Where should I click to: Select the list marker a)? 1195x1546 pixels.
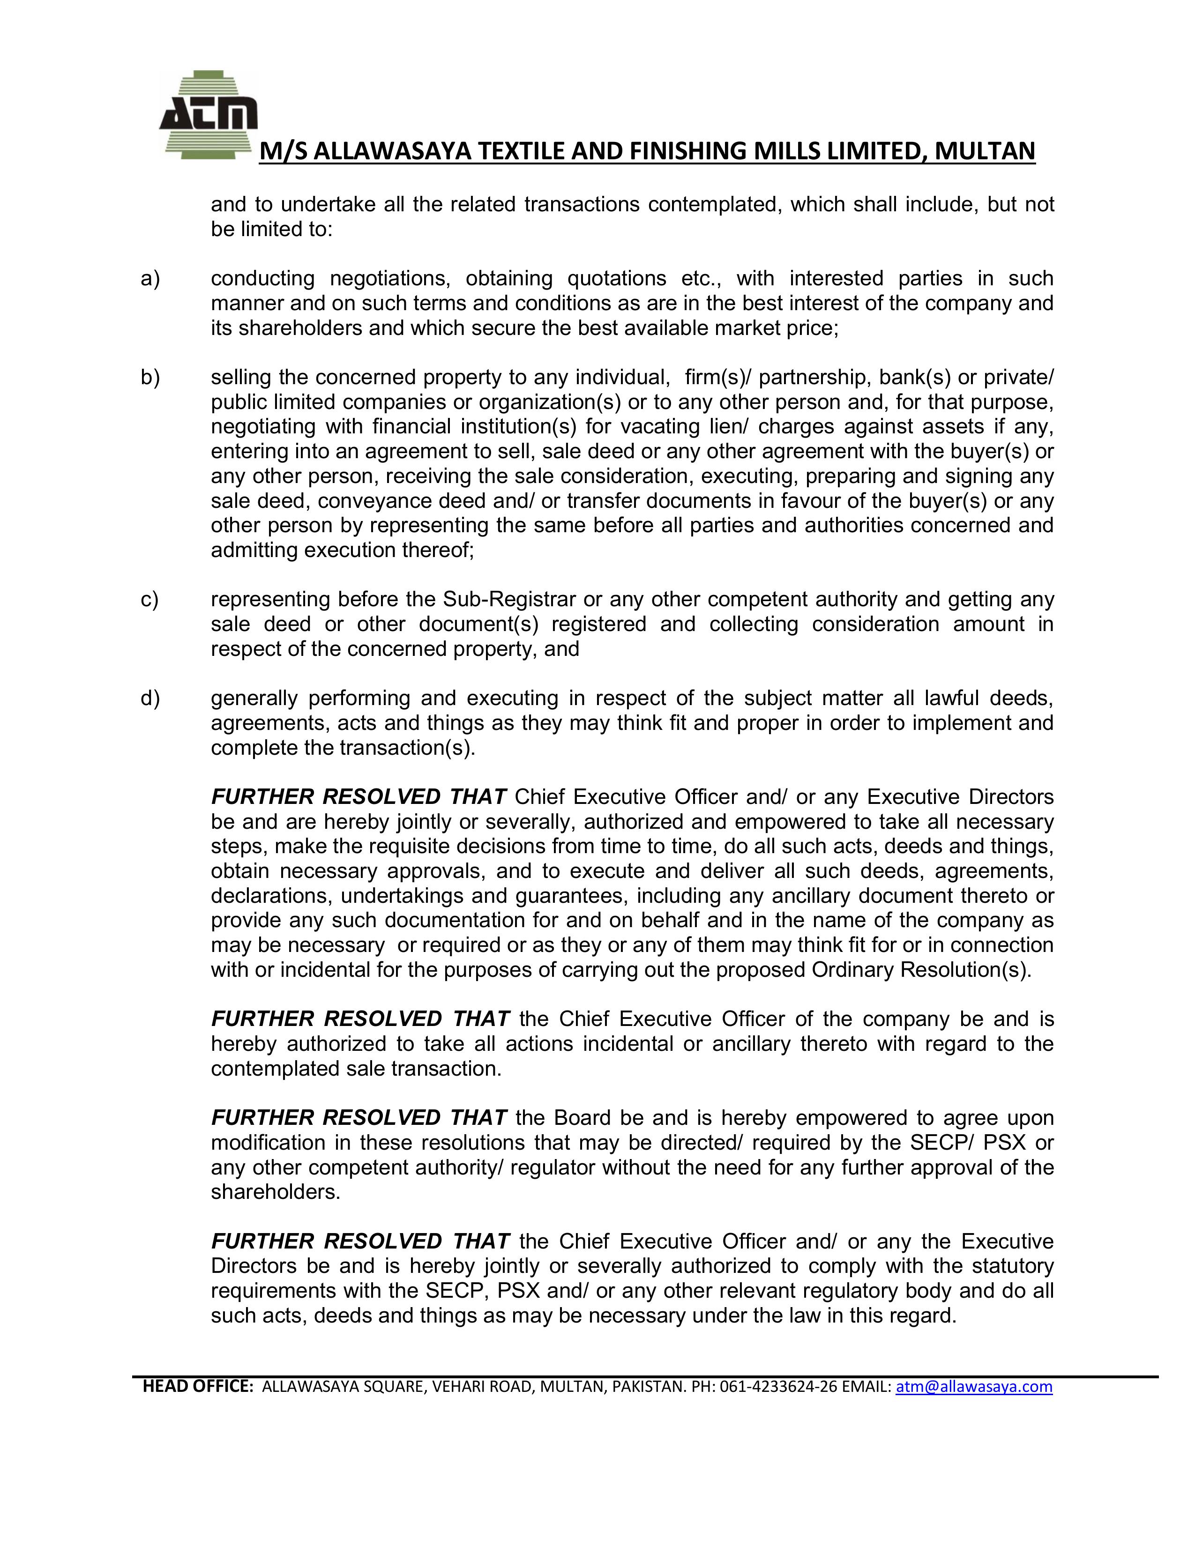[x=150, y=279]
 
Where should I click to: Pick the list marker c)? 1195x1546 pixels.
[x=150, y=600]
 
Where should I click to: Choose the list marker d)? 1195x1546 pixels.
[x=150, y=699]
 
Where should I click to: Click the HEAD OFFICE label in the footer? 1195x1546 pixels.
[x=197, y=1387]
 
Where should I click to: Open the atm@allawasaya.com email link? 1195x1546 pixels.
[x=974, y=1387]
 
